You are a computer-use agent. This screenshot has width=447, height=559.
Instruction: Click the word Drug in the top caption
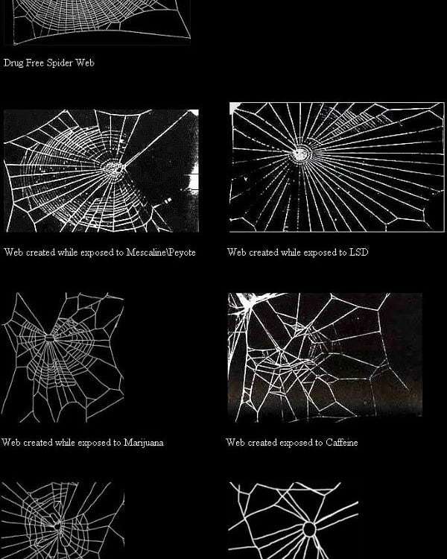(x=14, y=63)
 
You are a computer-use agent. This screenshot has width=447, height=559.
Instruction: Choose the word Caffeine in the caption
(x=341, y=443)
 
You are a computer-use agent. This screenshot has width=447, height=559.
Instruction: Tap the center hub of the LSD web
(x=301, y=154)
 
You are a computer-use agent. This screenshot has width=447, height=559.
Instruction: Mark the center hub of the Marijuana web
(x=49, y=338)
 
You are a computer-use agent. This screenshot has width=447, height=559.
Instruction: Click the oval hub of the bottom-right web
(x=308, y=528)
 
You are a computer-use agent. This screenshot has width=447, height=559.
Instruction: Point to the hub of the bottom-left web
(x=55, y=527)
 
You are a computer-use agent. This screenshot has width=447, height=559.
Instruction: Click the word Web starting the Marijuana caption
(x=11, y=443)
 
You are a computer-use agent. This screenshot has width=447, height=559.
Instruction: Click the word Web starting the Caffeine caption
(x=235, y=443)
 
